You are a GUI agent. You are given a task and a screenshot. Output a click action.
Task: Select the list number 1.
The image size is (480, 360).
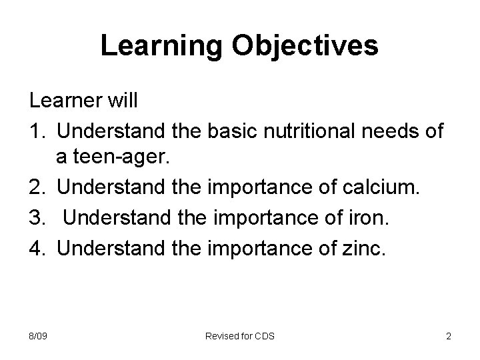pyautogui.click(x=36, y=132)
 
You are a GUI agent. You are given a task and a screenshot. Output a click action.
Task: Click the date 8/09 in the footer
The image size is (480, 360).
pyautogui.click(x=37, y=336)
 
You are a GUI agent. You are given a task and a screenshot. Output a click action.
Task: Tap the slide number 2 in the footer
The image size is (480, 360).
pyautogui.click(x=448, y=336)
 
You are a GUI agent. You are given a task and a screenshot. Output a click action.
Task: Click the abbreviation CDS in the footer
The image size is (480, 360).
pyautogui.click(x=264, y=336)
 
